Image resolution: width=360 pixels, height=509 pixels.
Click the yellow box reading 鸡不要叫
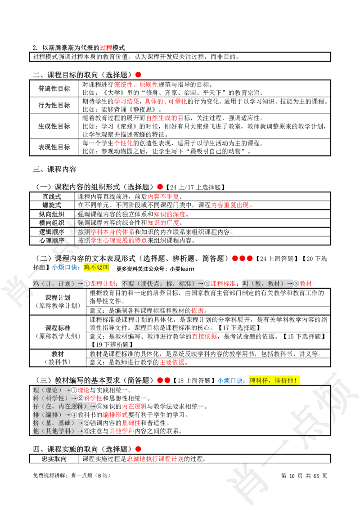[96, 268]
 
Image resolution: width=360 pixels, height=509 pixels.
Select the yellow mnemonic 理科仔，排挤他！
[274, 380]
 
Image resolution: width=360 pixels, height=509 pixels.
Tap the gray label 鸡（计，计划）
[58, 284]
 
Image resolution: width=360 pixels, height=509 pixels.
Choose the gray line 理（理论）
[52, 390]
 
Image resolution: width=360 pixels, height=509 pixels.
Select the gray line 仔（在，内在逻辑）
[64, 406]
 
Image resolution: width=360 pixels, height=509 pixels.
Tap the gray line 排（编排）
[52, 415]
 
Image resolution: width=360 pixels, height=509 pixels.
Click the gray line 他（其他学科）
[58, 431]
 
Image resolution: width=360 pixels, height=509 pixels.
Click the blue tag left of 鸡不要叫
[65, 268]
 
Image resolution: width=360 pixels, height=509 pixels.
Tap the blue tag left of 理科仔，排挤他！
[231, 380]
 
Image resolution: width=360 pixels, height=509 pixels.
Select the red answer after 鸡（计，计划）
[103, 284]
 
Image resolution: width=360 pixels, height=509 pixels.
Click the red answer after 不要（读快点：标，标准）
[224, 284]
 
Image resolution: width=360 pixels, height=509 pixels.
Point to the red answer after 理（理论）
[84, 390]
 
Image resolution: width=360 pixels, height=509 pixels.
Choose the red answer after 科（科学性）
[93, 398]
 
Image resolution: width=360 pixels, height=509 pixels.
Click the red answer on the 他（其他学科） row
[121, 431]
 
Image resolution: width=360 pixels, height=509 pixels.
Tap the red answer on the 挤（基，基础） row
[131, 423]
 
